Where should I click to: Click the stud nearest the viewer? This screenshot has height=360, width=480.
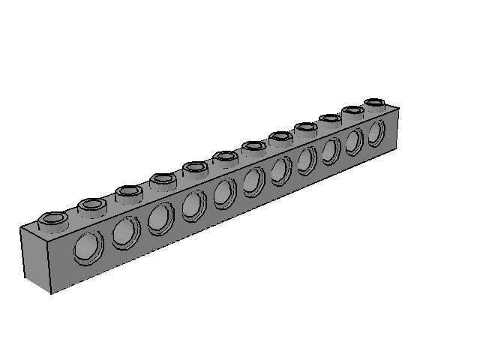pyautogui.click(x=53, y=220)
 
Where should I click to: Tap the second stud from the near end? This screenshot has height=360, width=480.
pyautogui.click(x=92, y=204)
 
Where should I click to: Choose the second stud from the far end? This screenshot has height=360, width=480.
pyautogui.click(x=353, y=111)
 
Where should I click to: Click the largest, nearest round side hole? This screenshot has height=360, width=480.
pyautogui.click(x=90, y=247)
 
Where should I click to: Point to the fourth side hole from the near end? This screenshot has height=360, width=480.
pyautogui.click(x=193, y=205)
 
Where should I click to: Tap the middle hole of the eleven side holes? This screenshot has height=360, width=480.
pyautogui.click(x=253, y=181)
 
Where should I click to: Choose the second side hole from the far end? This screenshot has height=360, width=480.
pyautogui.click(x=354, y=140)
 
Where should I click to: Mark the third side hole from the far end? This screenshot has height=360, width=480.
pyautogui.click(x=331, y=150)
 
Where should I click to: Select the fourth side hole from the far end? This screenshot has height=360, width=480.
pyautogui.click(x=307, y=160)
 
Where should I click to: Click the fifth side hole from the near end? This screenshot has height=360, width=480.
pyautogui.click(x=224, y=193)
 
